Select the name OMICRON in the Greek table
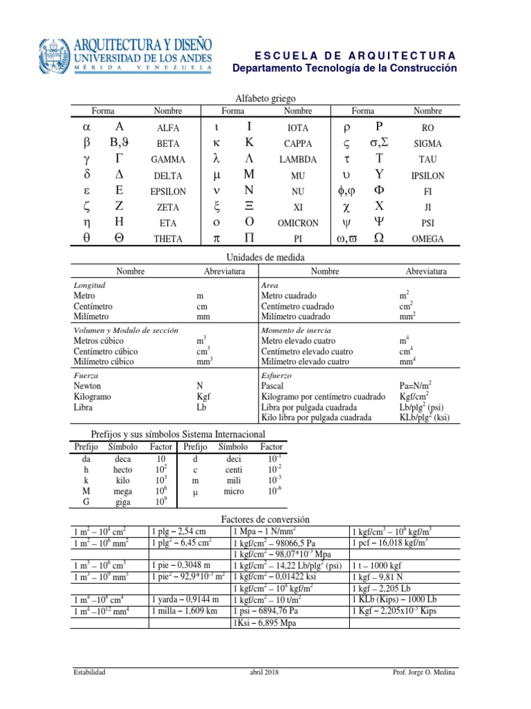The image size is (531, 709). [x=298, y=223]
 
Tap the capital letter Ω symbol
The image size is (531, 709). [x=378, y=238]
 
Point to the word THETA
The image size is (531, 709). [x=168, y=239]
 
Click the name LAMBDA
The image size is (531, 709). [x=298, y=160]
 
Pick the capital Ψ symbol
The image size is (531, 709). [x=378, y=223]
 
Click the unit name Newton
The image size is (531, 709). [x=87, y=386]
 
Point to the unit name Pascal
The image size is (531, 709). [x=272, y=386]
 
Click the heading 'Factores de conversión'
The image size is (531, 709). [x=265, y=519]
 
